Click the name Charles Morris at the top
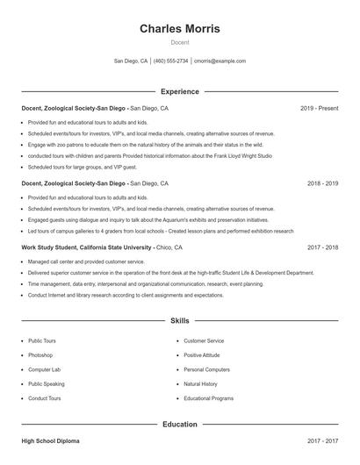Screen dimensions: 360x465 tap(180, 29)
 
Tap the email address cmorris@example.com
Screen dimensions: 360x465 tap(220, 61)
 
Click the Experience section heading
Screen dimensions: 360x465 tap(180, 91)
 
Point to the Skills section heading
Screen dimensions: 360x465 tap(180, 321)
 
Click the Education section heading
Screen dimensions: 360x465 tap(180, 424)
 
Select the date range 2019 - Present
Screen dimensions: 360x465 tap(319, 108)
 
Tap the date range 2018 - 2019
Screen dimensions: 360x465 tap(322, 183)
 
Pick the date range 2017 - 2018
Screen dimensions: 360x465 tap(322, 247)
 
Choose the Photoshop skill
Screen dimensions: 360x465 tap(40, 355)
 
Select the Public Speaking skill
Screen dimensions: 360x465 tap(46, 383)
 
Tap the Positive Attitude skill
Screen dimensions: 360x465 tap(202, 355)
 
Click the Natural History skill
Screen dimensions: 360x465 tap(200, 383)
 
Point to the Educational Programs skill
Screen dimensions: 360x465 tap(208, 398)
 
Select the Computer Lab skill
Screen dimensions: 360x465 tap(44, 369)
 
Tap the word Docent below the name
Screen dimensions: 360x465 tap(180, 43)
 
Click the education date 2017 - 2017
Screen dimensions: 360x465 tap(322, 440)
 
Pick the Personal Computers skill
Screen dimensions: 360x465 tap(206, 369)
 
